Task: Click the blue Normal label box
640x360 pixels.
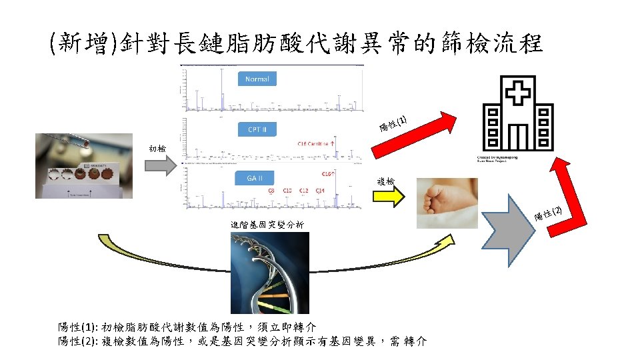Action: (x=257, y=79)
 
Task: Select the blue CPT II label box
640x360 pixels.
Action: (x=257, y=129)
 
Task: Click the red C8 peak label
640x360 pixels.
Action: (x=271, y=191)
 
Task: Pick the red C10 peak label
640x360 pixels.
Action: (x=287, y=191)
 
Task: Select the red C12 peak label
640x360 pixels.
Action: (x=304, y=191)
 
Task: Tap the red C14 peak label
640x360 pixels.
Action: (x=321, y=191)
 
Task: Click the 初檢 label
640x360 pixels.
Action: (x=158, y=148)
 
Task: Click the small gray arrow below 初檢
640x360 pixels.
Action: (x=159, y=165)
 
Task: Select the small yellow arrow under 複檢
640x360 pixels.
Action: (x=387, y=197)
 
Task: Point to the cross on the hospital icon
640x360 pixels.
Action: (x=517, y=93)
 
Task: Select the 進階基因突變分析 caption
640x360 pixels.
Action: (x=267, y=226)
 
